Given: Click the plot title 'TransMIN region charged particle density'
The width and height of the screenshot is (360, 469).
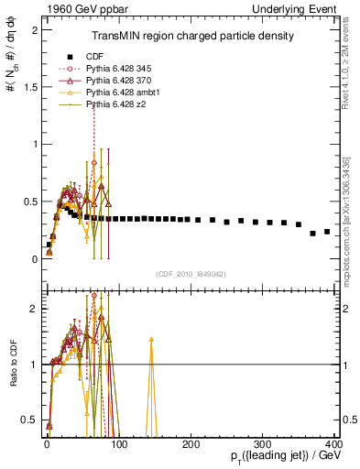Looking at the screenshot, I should tap(191, 37).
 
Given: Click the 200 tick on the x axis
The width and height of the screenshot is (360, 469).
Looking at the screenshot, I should tap(191, 442).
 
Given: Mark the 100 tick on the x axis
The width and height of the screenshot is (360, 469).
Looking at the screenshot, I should tap(118, 442).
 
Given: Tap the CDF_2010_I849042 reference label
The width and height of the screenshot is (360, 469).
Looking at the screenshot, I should tap(191, 273).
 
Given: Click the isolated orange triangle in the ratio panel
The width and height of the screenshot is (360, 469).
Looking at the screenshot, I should tap(151, 340).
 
